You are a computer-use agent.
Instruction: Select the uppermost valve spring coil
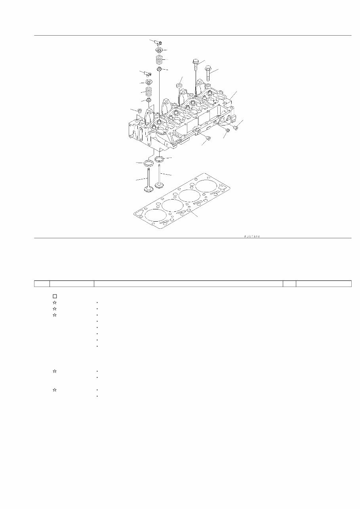point(160,60)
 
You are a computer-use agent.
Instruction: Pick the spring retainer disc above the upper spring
point(160,51)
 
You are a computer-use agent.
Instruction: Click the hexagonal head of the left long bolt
point(196,61)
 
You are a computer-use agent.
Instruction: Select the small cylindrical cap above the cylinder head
point(179,85)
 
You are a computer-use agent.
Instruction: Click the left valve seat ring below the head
point(149,163)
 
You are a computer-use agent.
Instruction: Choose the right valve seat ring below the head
point(160,159)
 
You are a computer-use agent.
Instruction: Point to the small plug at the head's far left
point(139,110)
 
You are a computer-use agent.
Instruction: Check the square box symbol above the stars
point(55,296)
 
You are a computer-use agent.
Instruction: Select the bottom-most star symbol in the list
point(55,390)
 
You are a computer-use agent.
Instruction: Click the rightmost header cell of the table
point(324,283)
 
